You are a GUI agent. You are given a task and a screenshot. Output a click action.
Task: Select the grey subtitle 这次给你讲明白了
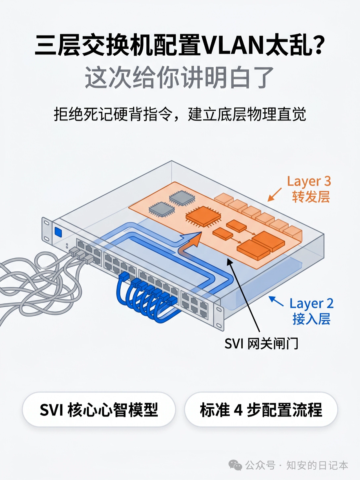[x=179, y=78]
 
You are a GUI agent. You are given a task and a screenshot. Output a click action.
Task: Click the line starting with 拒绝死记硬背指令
[x=180, y=114]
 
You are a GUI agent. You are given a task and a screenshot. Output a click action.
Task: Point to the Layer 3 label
[x=309, y=181]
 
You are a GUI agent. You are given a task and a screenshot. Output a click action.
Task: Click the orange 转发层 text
[x=311, y=197]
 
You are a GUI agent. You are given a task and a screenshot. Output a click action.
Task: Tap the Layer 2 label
[x=311, y=303]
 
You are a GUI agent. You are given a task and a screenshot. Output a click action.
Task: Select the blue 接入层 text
[x=311, y=319]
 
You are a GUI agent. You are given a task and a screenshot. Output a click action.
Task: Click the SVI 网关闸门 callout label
[x=261, y=343]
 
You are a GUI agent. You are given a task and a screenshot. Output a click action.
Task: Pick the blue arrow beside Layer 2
[x=276, y=301]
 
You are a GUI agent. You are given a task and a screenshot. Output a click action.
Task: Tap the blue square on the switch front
[x=59, y=232]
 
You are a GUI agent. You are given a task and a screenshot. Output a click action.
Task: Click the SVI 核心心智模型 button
[x=99, y=410]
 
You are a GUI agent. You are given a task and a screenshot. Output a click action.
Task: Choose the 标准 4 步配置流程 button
[x=261, y=410]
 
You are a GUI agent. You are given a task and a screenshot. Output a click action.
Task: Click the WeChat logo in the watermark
[x=235, y=465]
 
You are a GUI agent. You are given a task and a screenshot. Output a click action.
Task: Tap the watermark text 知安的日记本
[x=317, y=465]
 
